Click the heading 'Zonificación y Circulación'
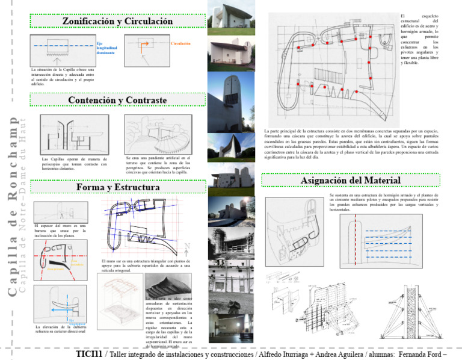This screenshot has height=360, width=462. [118, 22]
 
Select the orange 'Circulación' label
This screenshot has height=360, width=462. [180, 44]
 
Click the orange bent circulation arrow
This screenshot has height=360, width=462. [144, 46]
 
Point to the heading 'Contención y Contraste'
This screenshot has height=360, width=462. [117, 99]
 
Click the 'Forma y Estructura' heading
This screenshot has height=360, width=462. [118, 188]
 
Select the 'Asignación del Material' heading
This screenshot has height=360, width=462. [350, 180]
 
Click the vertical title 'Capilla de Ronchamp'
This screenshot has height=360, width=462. [13, 205]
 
